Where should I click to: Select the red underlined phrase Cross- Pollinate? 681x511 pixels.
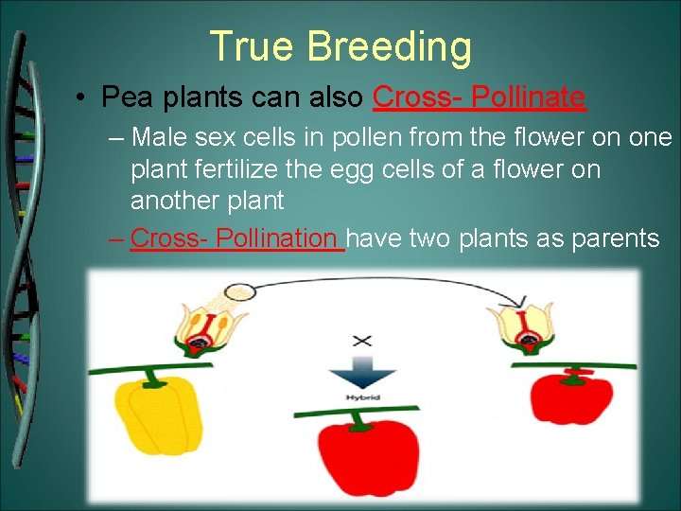(x=480, y=97)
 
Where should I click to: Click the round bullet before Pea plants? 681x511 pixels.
(x=84, y=97)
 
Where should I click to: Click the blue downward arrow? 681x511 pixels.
(x=361, y=372)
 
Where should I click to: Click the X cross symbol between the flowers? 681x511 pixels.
(x=361, y=340)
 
